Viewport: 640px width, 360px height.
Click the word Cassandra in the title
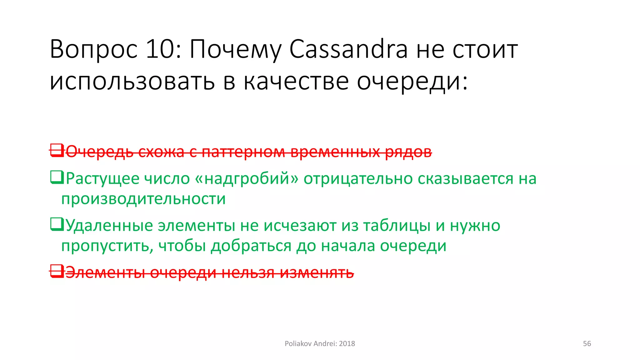pyautogui.click(x=348, y=49)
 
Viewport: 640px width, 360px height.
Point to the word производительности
pyautogui.click(x=143, y=199)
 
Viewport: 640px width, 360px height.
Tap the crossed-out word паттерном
pyautogui.click(x=243, y=152)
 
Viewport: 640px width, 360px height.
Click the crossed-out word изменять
pyautogui.click(x=317, y=272)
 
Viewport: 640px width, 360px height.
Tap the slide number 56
pyautogui.click(x=587, y=344)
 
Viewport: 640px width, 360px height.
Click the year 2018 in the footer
pyautogui.click(x=347, y=344)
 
